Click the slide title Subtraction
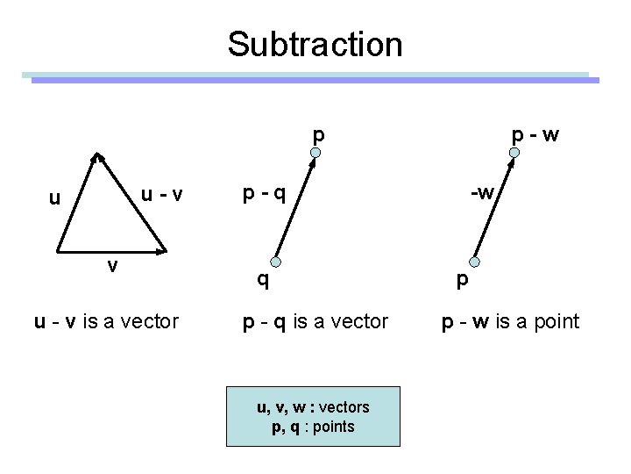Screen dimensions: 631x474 click(315, 44)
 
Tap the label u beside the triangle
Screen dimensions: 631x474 click(54, 198)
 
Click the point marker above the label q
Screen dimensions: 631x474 click(275, 262)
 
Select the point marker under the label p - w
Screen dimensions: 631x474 click(515, 156)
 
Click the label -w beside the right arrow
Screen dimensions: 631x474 click(485, 190)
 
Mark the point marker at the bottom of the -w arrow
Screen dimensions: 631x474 click(474, 262)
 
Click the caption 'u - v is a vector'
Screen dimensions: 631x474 click(106, 322)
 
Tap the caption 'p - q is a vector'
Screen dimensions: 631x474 click(315, 322)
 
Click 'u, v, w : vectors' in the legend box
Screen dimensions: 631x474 click(313, 407)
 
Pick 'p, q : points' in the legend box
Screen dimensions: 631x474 click(313, 427)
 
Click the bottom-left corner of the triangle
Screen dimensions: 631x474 click(60, 252)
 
